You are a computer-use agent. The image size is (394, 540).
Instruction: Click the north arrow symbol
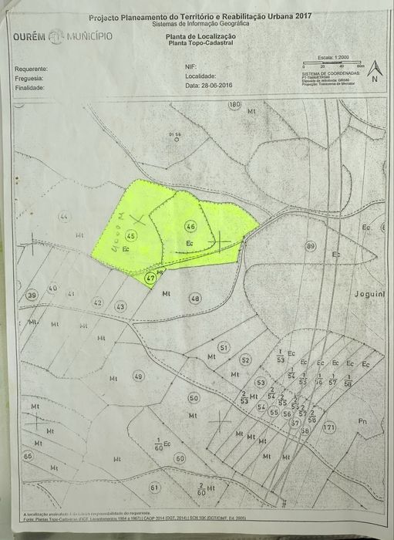click(374, 72)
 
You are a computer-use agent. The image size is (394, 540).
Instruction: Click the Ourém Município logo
click(62, 36)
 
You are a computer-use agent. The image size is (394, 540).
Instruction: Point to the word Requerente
click(31, 69)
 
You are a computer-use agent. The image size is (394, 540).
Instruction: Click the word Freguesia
click(29, 78)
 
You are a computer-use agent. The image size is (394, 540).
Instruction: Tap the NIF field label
click(190, 67)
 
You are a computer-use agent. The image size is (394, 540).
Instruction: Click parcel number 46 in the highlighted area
click(190, 226)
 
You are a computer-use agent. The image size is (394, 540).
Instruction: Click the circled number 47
click(150, 278)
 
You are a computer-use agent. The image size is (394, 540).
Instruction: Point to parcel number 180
click(234, 104)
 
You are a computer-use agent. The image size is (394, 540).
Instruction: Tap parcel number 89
click(311, 246)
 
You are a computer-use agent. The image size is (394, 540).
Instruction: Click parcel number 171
click(329, 427)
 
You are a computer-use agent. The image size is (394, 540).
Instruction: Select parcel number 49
click(138, 376)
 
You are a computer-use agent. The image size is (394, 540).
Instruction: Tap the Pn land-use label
click(362, 421)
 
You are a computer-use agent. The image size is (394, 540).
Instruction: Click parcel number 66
click(29, 456)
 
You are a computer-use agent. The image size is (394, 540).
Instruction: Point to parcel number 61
click(154, 488)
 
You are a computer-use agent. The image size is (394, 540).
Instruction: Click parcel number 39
click(32, 295)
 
